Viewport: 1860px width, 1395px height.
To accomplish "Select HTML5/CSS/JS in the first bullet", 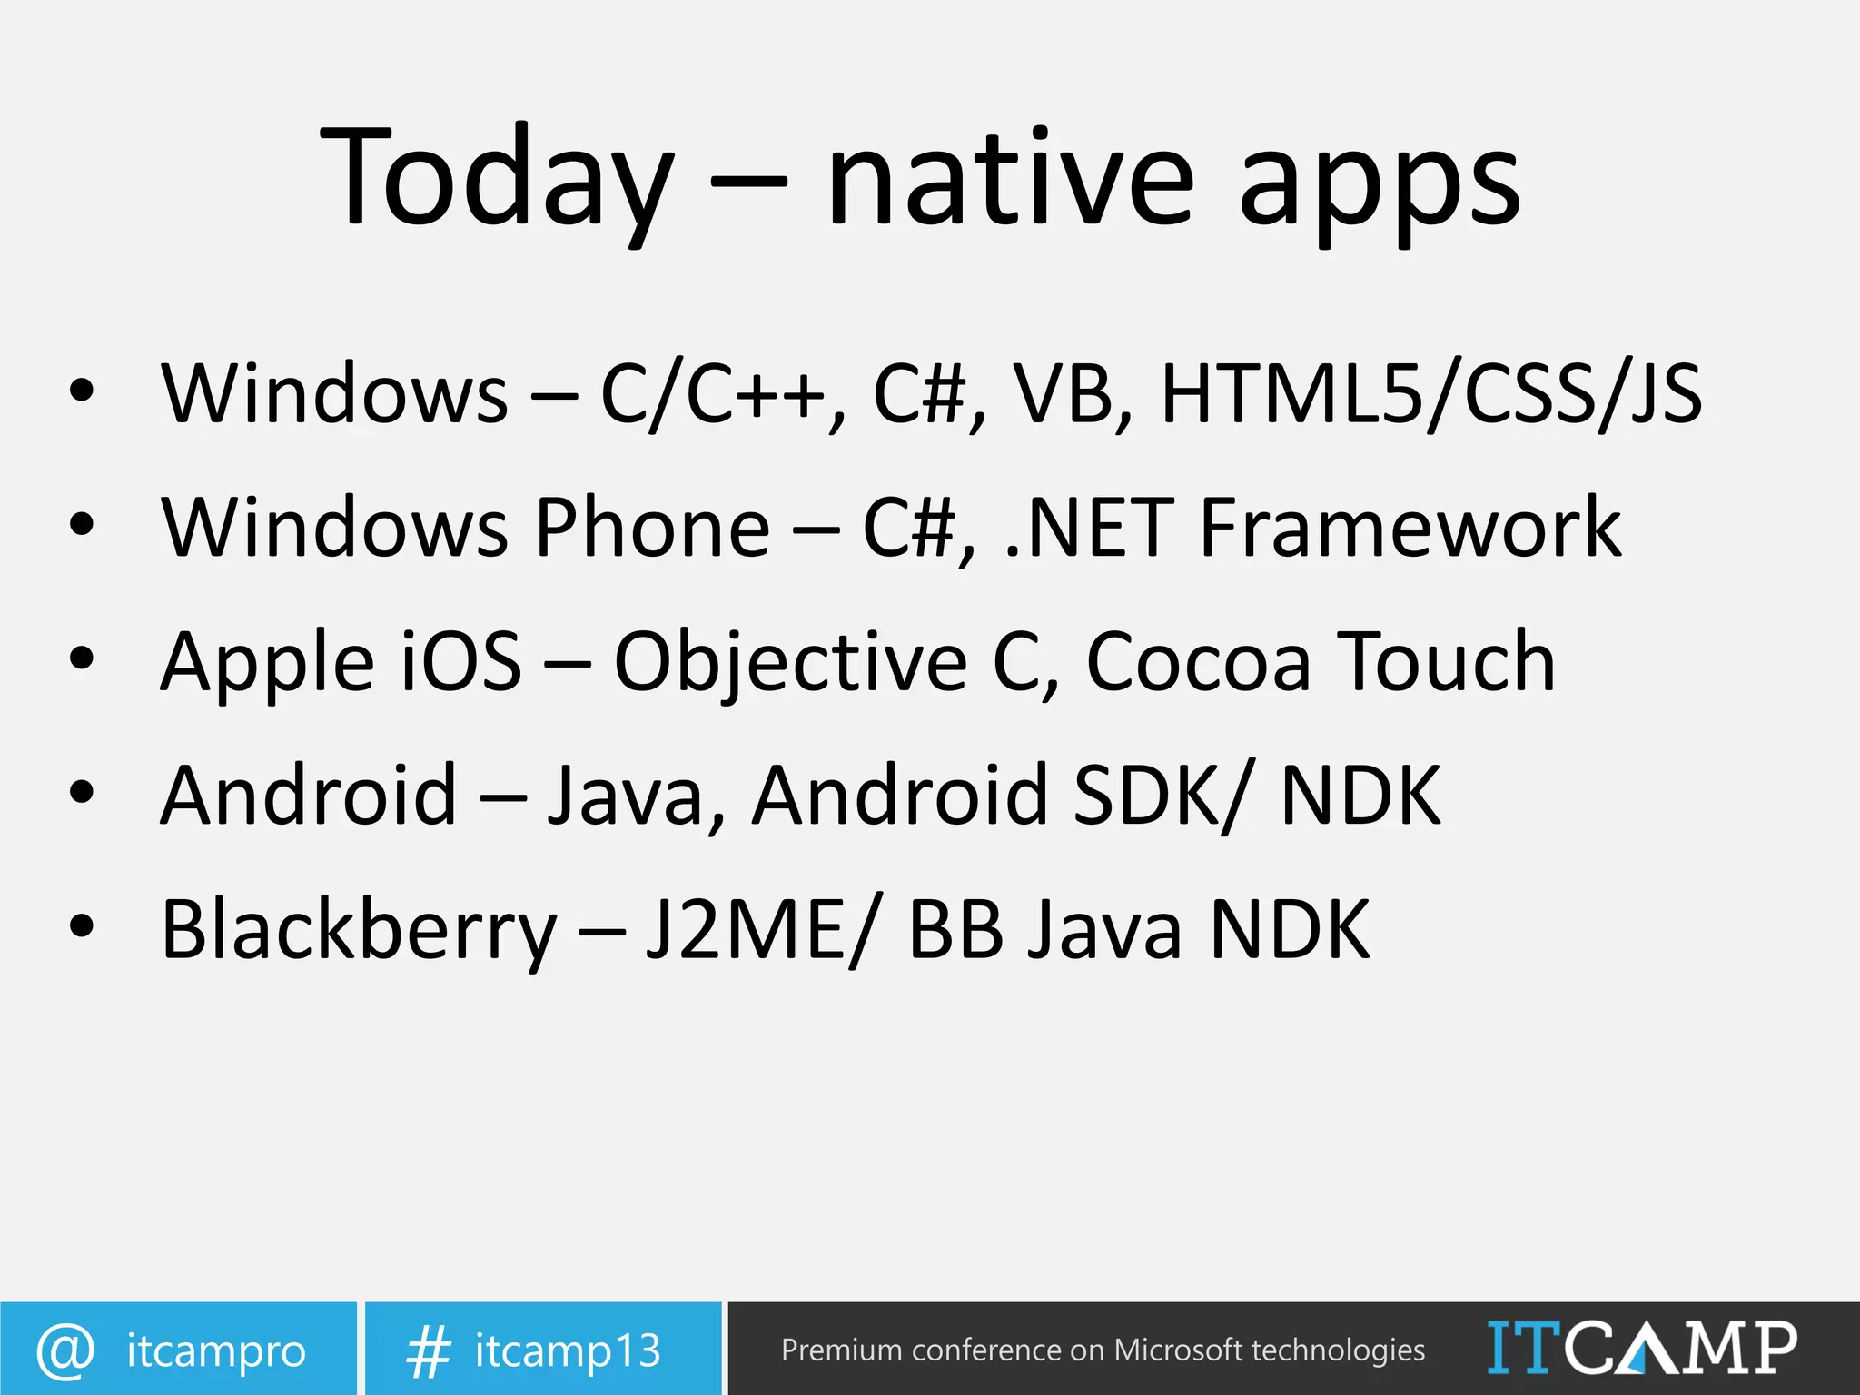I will tap(1431, 393).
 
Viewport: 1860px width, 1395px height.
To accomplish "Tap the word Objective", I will tap(790, 663).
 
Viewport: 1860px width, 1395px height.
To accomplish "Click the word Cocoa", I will tap(1198, 663).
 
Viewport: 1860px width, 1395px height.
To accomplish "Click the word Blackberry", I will tap(359, 930).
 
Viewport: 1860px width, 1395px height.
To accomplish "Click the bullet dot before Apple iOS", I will tap(82, 658).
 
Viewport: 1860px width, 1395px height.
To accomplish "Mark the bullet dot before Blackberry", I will tap(82, 926).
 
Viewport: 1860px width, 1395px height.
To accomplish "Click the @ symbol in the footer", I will tap(65, 1350).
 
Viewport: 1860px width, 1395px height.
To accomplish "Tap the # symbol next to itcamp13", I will tap(428, 1351).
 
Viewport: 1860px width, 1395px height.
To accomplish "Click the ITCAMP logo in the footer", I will tap(1641, 1348).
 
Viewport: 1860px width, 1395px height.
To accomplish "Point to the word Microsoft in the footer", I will tap(1177, 1350).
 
